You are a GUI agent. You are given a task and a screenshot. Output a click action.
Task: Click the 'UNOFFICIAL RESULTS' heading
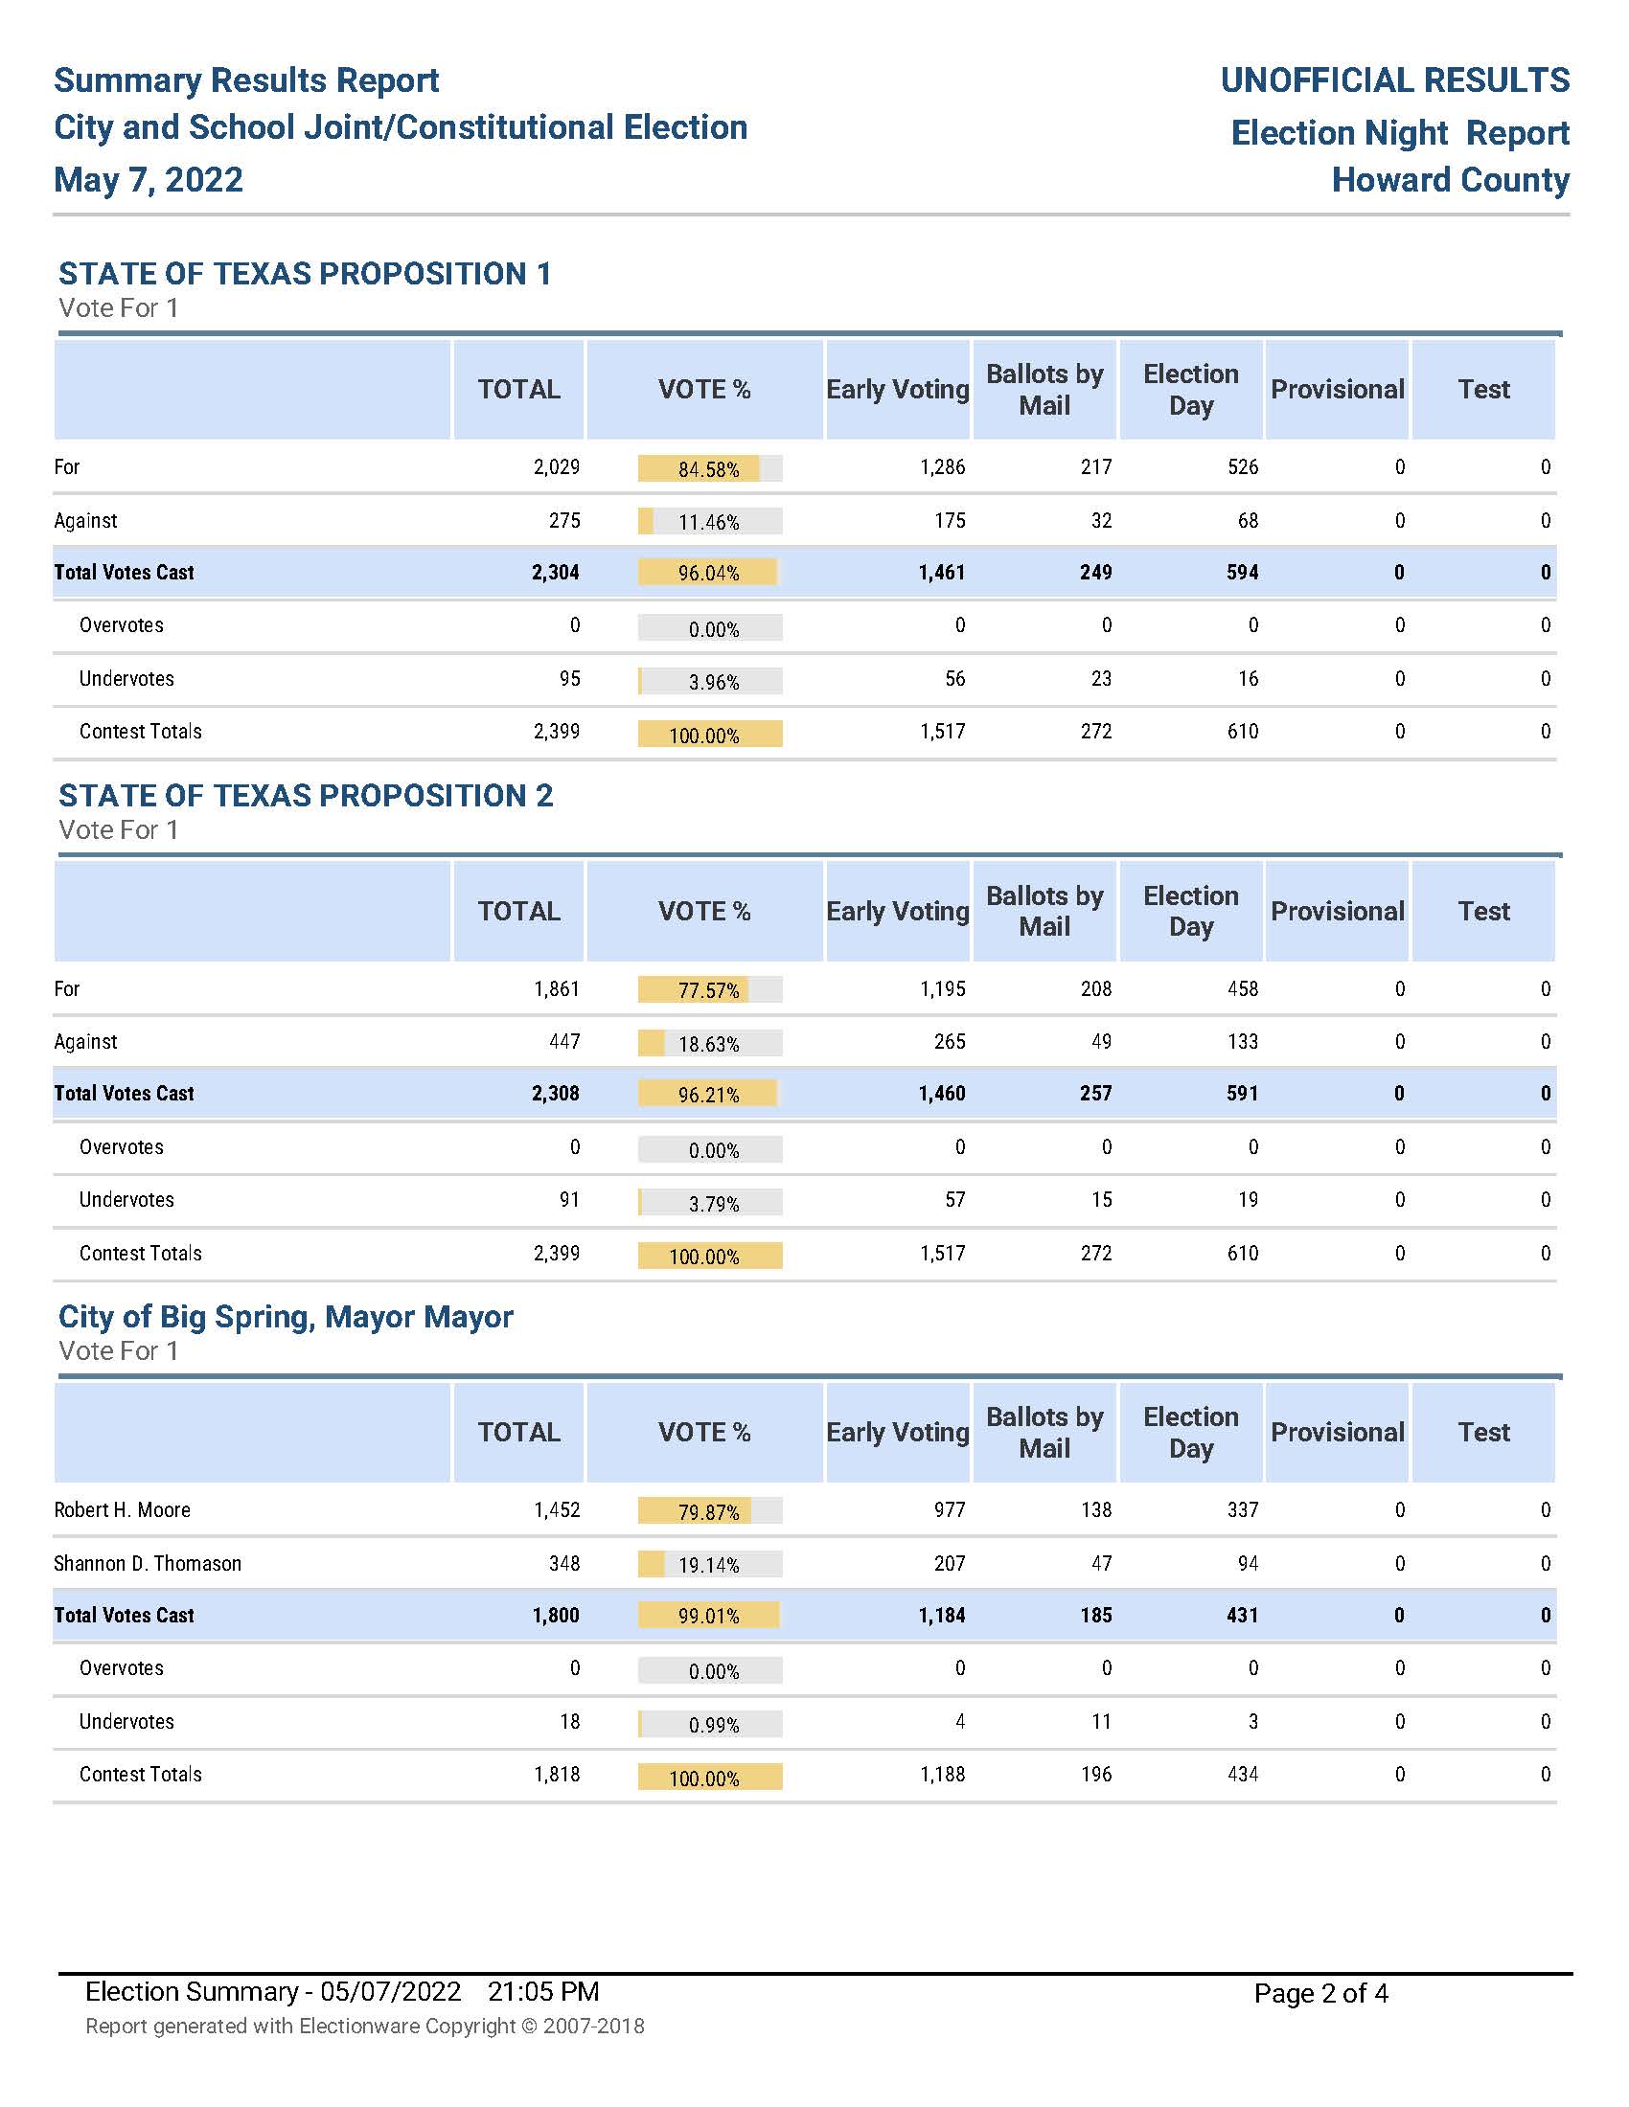(x=1394, y=80)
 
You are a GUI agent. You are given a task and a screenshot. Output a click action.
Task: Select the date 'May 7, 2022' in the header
(x=149, y=179)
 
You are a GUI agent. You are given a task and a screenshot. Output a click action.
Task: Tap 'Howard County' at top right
(x=1450, y=179)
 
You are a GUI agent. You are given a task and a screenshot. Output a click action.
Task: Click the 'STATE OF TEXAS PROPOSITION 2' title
(x=306, y=795)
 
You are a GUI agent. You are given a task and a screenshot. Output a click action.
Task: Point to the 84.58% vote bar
(x=709, y=469)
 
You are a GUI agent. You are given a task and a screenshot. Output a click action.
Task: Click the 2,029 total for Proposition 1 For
(x=557, y=467)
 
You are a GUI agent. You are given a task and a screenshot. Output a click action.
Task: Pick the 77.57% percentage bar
(x=709, y=990)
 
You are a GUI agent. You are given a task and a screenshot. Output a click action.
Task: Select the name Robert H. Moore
(x=123, y=1509)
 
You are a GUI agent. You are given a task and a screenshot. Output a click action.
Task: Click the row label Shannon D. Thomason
(x=148, y=1563)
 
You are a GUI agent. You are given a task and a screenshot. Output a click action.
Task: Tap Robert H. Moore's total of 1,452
(x=557, y=1509)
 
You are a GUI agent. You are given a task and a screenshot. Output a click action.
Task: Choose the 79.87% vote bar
(x=709, y=1510)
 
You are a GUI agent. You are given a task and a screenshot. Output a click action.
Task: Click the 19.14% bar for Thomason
(x=709, y=1564)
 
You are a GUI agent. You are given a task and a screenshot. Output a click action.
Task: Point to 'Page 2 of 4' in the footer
(x=1320, y=1993)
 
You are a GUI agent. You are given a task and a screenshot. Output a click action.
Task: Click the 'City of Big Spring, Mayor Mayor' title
(x=286, y=1316)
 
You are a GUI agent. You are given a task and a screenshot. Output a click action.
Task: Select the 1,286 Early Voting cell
(x=942, y=467)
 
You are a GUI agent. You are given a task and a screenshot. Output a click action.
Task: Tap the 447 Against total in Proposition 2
(x=564, y=1041)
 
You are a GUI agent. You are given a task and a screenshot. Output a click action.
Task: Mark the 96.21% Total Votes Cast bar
(x=709, y=1094)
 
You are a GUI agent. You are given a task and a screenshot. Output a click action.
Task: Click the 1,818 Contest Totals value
(x=557, y=1774)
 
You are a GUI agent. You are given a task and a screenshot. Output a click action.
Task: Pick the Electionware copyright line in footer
(x=365, y=2026)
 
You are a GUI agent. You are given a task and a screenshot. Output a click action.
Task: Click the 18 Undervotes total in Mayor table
(x=569, y=1721)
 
